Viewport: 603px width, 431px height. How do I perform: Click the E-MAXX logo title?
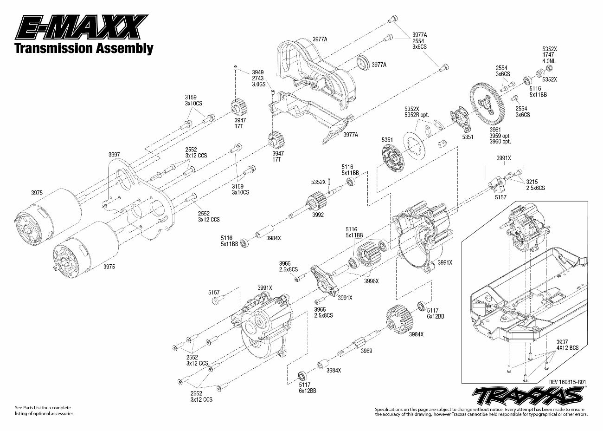pos(81,27)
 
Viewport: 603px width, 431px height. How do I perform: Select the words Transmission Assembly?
pos(84,48)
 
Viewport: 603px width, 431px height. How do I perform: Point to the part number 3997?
pos(114,155)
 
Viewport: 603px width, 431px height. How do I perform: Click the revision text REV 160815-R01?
pos(567,382)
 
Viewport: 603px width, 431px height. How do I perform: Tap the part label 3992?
pos(318,215)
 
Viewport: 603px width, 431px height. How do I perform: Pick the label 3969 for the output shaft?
pos(366,351)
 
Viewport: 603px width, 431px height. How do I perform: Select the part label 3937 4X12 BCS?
pos(567,345)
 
